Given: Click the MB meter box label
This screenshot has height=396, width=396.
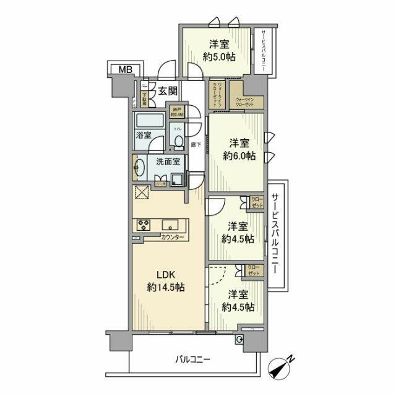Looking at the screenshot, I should [x=120, y=69].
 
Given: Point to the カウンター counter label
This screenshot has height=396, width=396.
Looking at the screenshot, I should [x=171, y=238].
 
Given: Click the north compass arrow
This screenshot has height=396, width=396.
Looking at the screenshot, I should [x=285, y=366].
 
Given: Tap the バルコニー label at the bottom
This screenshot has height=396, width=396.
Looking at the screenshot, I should [x=192, y=359].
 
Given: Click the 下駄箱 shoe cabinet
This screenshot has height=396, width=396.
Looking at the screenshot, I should [x=144, y=98].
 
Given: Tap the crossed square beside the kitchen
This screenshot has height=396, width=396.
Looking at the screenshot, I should [x=140, y=194].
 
